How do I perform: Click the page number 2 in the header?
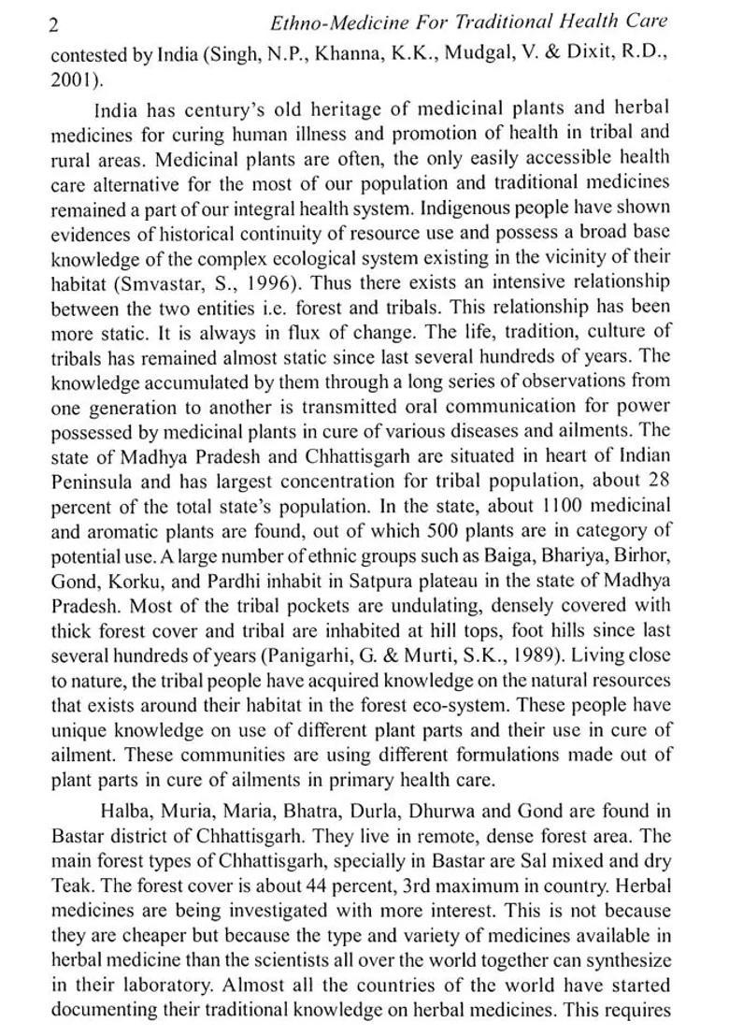click(x=55, y=24)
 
